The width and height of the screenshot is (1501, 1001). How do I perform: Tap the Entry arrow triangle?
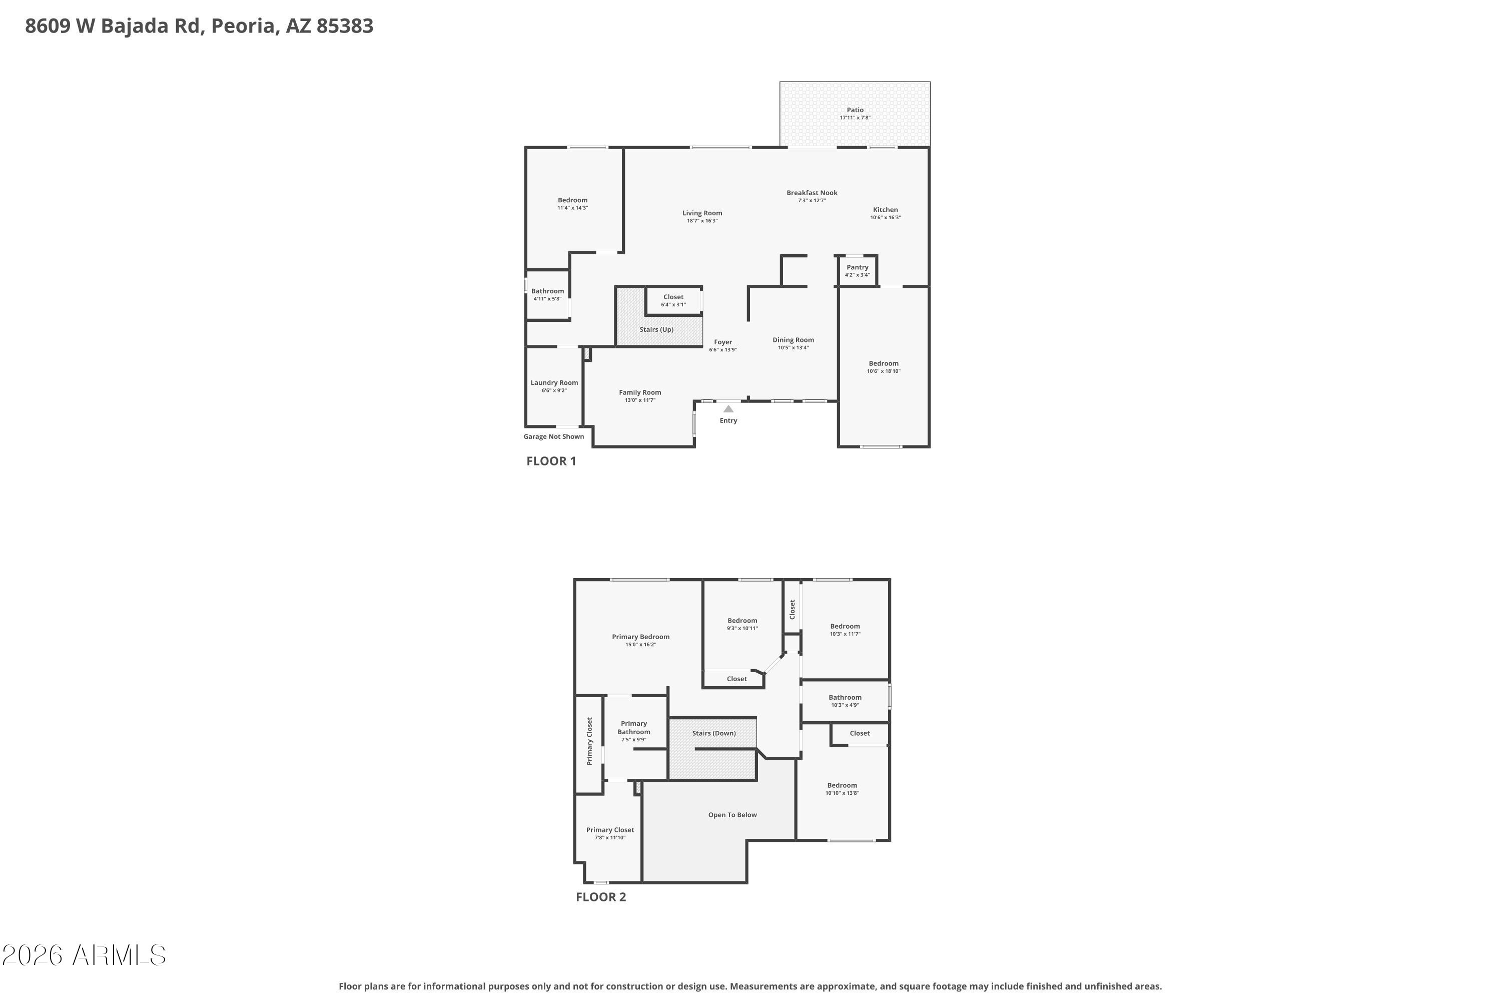(x=728, y=408)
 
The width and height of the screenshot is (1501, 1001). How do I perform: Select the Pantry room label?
(x=857, y=267)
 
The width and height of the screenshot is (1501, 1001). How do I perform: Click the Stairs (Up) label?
(x=656, y=329)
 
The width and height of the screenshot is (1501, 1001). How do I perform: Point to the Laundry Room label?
(x=554, y=383)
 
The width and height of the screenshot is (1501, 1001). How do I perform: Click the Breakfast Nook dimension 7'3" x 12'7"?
(x=812, y=201)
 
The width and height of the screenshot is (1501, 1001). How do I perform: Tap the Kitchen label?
(x=885, y=210)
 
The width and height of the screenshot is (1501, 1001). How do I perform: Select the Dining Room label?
(x=793, y=340)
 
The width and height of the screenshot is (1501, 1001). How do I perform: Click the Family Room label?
(x=639, y=392)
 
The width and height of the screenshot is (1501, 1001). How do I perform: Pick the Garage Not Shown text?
(x=553, y=436)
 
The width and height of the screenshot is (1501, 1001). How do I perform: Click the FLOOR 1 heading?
(x=551, y=461)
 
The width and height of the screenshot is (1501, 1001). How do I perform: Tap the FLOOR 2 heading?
(x=600, y=897)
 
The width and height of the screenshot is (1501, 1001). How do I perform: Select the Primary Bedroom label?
(x=640, y=637)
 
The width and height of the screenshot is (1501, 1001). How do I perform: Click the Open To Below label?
(x=732, y=815)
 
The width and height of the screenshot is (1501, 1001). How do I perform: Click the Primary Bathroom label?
(x=634, y=728)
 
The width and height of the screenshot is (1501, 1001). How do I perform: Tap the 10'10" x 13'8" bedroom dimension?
(x=842, y=793)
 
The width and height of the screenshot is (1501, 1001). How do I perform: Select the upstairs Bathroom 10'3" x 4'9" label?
(x=845, y=697)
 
